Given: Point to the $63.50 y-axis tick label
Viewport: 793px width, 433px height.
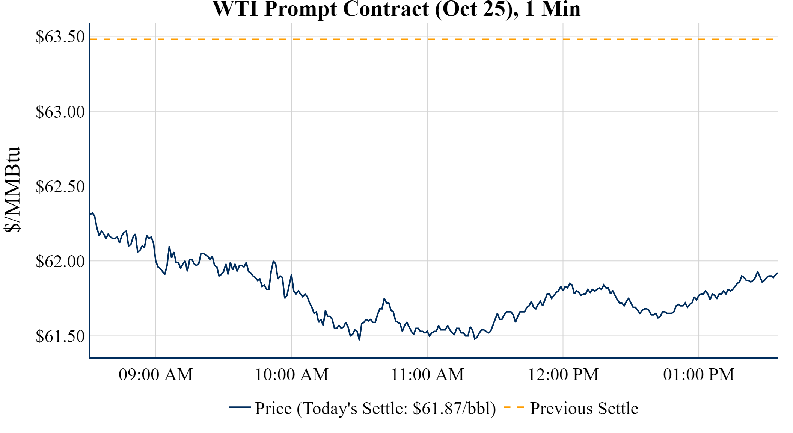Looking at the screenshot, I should point(60,37).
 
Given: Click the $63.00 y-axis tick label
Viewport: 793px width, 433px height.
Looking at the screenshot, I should point(60,112).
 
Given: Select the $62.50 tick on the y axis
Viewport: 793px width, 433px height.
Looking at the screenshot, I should point(60,186).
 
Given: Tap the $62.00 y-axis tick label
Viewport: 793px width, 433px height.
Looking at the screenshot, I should point(60,261).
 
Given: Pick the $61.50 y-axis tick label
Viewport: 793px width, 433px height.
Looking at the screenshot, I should point(60,336).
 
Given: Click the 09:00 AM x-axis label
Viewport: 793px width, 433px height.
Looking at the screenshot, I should point(155,375).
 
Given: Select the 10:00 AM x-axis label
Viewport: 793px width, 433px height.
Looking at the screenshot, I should point(291,375).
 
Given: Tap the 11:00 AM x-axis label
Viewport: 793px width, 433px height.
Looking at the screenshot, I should point(427,375).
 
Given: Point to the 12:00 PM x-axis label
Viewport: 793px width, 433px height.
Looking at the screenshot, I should point(563,375).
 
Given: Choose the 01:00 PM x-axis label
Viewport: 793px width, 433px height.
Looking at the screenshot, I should point(698,375).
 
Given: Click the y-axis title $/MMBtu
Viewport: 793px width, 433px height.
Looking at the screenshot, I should point(12,189).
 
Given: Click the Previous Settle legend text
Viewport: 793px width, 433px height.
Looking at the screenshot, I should point(584,408).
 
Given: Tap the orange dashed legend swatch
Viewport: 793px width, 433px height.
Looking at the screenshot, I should point(513,407).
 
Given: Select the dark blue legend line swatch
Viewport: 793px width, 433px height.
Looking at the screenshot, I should point(240,407).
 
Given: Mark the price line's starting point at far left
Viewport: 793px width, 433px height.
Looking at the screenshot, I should point(90,214).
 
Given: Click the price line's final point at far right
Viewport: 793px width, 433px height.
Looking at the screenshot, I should point(777,273).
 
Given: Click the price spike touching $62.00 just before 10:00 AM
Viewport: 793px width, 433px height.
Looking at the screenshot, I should point(273,261).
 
